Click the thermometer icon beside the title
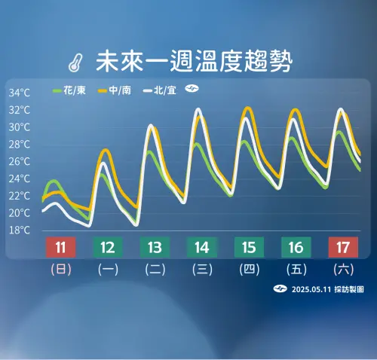74,59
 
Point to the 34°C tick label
20,93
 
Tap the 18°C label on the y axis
20,230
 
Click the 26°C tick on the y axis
20,161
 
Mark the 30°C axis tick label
20,127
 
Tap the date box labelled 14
201,246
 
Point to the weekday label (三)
201,268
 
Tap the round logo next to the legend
192,90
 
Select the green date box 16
296,246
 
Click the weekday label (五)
296,268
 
